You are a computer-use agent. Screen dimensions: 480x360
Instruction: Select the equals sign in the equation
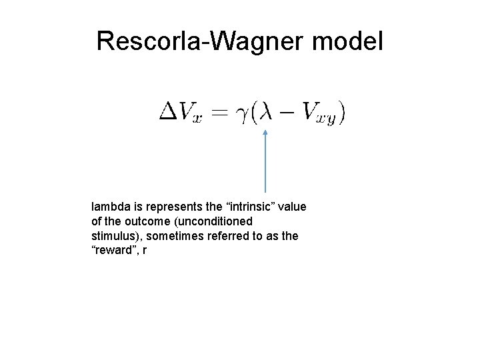pyautogui.click(x=220, y=113)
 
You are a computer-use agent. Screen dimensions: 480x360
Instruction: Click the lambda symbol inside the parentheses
pyautogui.click(x=265, y=111)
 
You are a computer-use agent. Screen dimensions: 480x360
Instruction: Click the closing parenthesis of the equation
pyautogui.click(x=342, y=112)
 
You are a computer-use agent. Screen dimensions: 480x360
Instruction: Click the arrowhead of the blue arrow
pyautogui.click(x=265, y=133)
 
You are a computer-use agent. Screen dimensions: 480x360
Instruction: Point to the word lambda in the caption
pyautogui.click(x=108, y=207)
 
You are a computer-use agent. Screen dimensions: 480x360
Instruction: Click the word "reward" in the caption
pyautogui.click(x=113, y=251)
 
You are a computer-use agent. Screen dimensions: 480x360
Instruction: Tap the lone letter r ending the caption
pyautogui.click(x=144, y=251)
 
